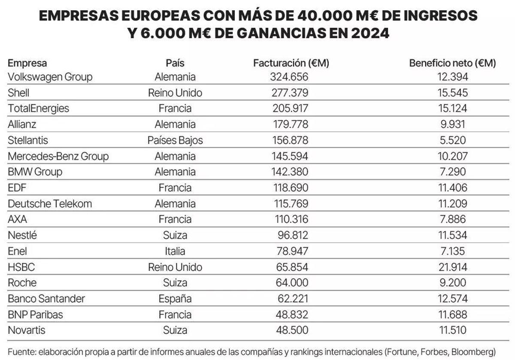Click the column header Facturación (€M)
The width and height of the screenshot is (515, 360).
(291, 63)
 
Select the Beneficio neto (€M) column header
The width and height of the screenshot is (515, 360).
(452, 63)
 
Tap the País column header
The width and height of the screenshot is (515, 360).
(175, 63)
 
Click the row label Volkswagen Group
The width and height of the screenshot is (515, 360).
(50, 77)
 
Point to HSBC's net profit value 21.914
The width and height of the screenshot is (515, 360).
(450, 267)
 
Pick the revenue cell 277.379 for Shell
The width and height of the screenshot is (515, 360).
(290, 93)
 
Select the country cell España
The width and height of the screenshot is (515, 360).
(175, 299)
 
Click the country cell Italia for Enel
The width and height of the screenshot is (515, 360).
(175, 251)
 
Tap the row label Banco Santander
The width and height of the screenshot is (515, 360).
(46, 299)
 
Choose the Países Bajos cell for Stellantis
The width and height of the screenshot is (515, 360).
(175, 140)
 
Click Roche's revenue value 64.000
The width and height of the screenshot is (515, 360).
(292, 283)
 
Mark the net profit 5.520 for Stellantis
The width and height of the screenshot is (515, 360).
(451, 140)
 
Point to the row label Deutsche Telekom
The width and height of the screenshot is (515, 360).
(50, 204)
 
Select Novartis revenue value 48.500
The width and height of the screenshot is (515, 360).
(292, 330)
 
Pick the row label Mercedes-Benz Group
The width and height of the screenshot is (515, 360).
(58, 156)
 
